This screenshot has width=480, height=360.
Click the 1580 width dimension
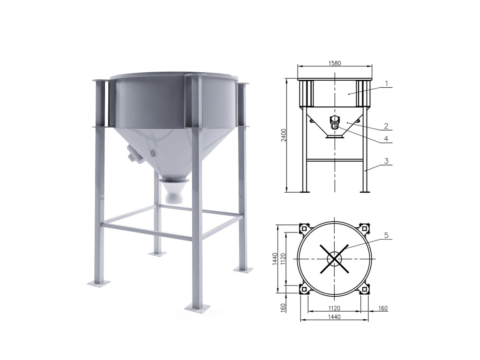click(x=335, y=63)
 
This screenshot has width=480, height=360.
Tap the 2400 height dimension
click(x=284, y=135)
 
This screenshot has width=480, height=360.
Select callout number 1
click(x=387, y=83)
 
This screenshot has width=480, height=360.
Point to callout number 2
click(x=386, y=126)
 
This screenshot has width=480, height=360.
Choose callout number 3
click(x=387, y=161)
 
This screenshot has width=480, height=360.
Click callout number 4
click(x=386, y=139)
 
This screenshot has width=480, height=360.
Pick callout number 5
click(x=386, y=235)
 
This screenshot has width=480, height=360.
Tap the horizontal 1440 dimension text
click(x=334, y=317)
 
